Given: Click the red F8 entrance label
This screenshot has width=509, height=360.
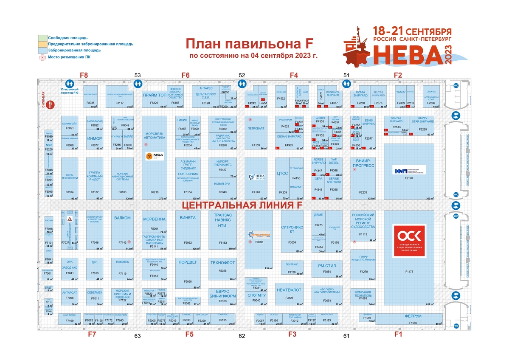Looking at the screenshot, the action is click(x=84, y=75).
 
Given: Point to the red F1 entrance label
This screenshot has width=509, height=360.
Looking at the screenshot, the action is click(x=398, y=334).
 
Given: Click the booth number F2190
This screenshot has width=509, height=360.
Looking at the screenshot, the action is click(x=408, y=179).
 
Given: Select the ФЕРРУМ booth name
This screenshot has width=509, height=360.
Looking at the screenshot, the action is click(x=413, y=316).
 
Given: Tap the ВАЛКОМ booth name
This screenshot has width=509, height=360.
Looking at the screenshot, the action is click(x=123, y=218).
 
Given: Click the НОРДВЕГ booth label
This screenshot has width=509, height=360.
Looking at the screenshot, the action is click(x=188, y=262).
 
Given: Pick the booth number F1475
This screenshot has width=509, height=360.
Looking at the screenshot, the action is click(x=409, y=271).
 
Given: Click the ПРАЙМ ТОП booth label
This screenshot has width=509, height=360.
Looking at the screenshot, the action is click(x=154, y=96).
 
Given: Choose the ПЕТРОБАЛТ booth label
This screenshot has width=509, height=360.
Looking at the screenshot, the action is click(x=256, y=128).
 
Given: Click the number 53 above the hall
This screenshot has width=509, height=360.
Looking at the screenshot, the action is click(x=137, y=76).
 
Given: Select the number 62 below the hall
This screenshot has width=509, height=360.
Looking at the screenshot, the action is click(x=242, y=336).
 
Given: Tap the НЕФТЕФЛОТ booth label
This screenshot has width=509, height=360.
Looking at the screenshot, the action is click(x=289, y=290).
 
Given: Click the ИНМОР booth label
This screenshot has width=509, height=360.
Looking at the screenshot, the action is click(x=94, y=139).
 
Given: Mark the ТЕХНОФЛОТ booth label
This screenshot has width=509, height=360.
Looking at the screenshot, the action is click(x=222, y=263).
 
